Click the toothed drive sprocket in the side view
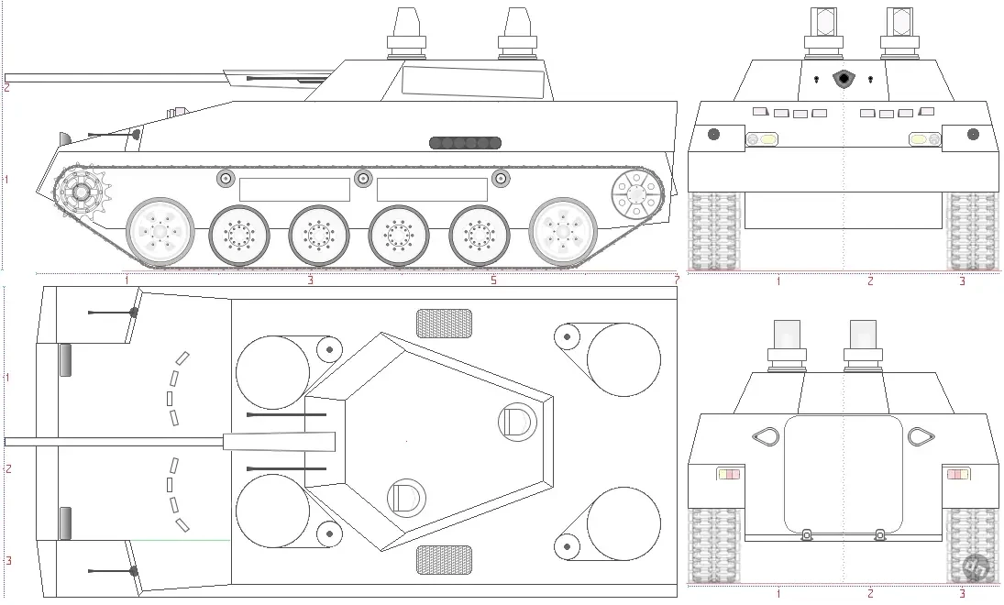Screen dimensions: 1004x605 pos(82,191)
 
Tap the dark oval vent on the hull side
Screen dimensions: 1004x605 pos(465,143)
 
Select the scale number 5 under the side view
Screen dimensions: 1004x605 pos(493,280)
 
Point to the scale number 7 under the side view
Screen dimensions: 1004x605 pos(676,280)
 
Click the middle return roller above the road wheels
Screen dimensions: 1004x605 pos(363,179)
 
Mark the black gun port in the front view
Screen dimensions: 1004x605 pos(844,79)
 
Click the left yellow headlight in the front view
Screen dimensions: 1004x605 pos(762,139)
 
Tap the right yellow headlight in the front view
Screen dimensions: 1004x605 pos(925,139)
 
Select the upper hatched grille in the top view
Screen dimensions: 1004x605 pos(445,324)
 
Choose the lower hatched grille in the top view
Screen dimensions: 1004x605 pos(445,560)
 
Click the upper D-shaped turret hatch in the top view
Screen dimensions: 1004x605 pos(517,422)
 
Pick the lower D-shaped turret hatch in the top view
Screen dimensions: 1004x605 pos(406,498)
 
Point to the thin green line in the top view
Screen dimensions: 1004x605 pos(181,540)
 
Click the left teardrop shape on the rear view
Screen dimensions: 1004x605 pos(766,436)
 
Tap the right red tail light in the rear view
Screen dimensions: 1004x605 pos(958,475)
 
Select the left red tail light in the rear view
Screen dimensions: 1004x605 pos(728,475)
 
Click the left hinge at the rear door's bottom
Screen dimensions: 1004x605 pos(806,533)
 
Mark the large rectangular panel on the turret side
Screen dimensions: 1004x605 pos(473,82)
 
